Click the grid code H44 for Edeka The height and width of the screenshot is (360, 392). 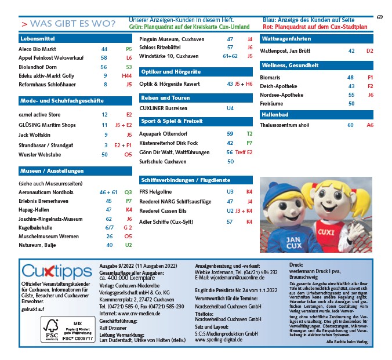(127, 75)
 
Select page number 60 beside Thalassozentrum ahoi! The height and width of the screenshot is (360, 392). (350, 125)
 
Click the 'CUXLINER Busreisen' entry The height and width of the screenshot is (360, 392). (164, 108)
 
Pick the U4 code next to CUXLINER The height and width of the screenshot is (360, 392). (230, 108)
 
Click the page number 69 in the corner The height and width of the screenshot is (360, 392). (379, 17)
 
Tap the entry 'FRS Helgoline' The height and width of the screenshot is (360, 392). (155, 191)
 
